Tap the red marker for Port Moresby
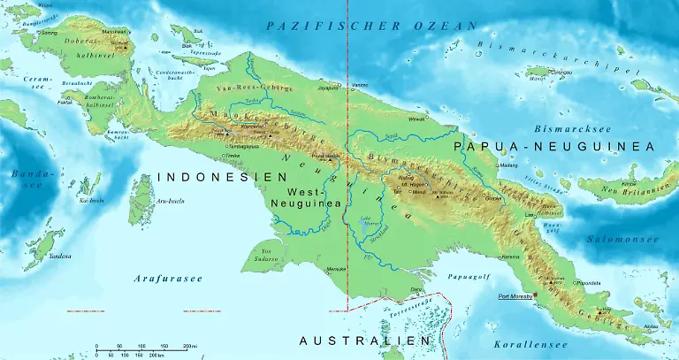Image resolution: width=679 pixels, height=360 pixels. pyautogui.click(x=536, y=296)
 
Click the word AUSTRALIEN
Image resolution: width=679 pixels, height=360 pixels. pyautogui.click(x=365, y=341)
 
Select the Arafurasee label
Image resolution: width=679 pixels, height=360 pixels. pyautogui.click(x=168, y=279)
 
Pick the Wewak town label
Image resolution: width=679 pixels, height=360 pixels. pyautogui.click(x=416, y=118)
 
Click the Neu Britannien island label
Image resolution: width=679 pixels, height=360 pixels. pyautogui.click(x=629, y=189)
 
